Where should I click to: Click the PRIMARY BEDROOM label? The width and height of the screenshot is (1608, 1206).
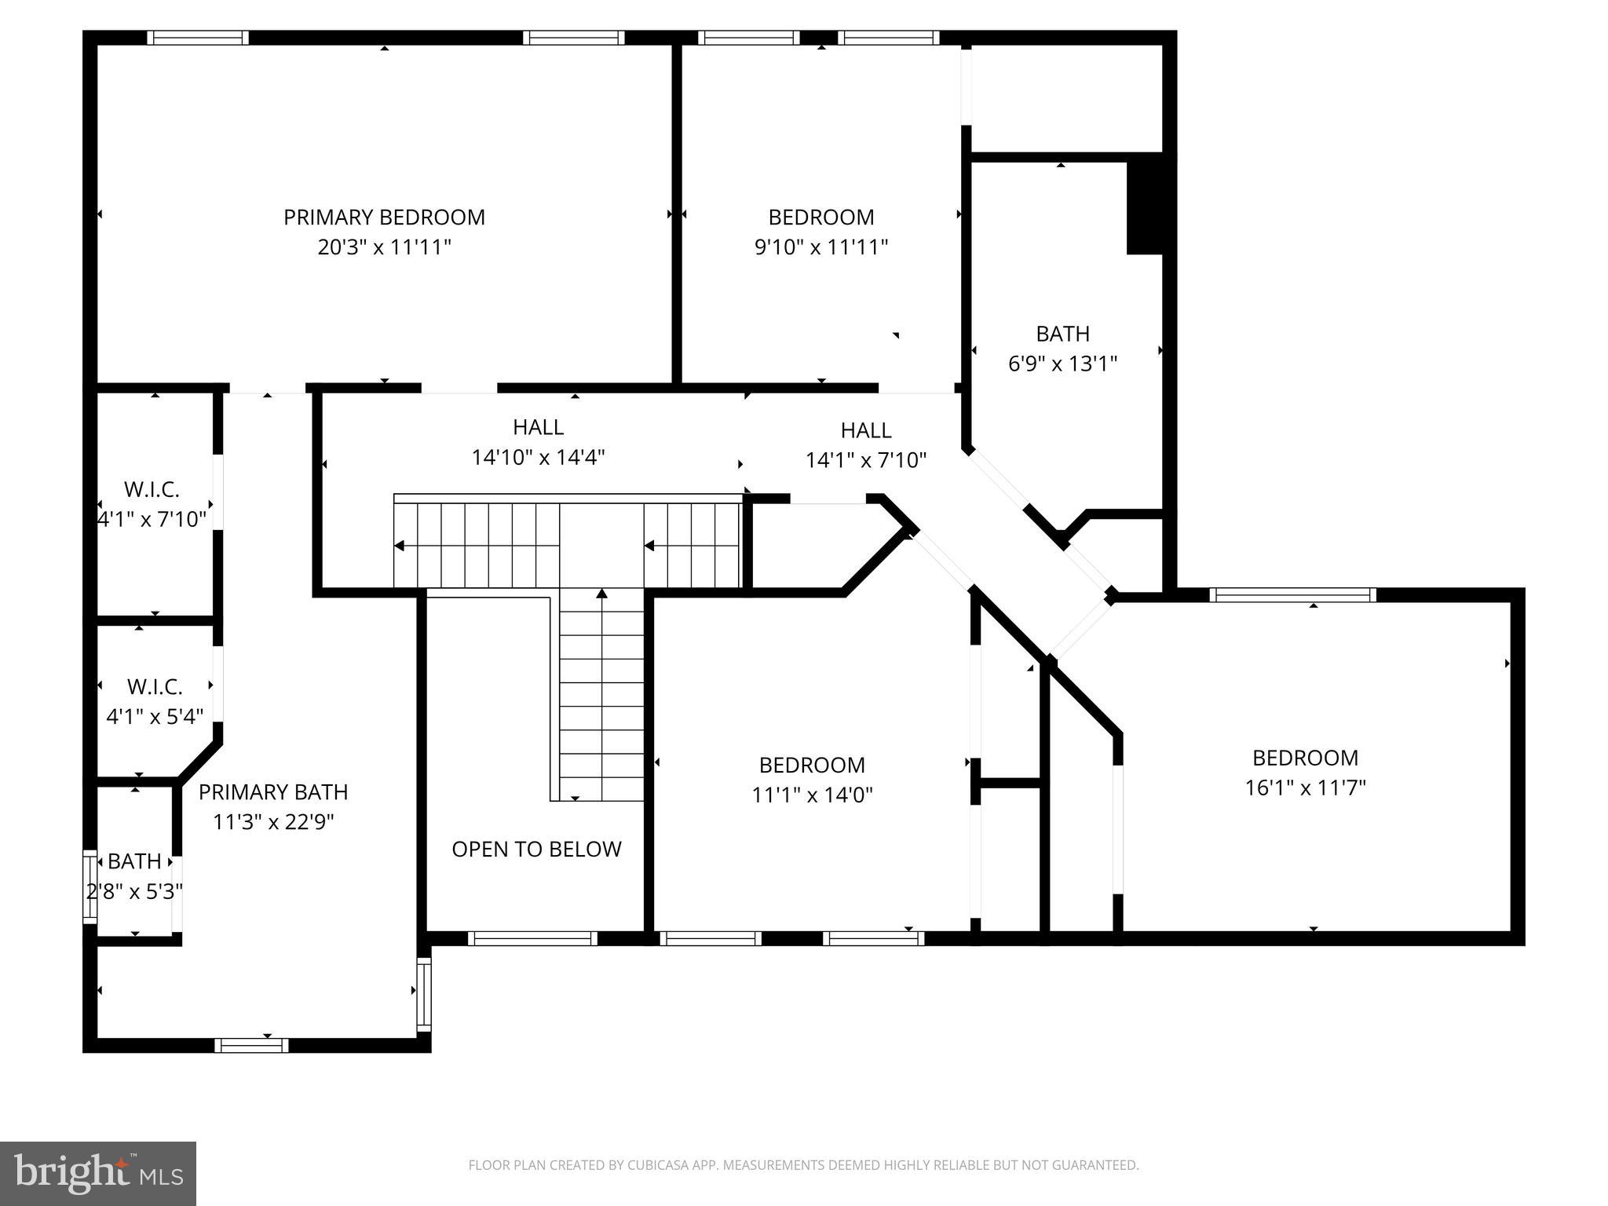coord(384,217)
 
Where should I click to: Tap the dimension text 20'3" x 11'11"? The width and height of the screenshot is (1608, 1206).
coord(384,247)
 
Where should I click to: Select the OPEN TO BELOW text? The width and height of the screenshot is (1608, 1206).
coord(536,849)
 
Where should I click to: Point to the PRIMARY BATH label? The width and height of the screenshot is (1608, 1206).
coord(273,792)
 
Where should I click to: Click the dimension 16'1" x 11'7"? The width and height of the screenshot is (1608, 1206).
coord(1305,788)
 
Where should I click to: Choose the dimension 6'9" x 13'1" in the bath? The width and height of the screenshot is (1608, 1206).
coord(1062,364)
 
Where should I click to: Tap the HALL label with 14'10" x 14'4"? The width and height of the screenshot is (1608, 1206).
coord(538,427)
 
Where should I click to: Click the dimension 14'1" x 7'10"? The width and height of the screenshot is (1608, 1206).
coord(866,460)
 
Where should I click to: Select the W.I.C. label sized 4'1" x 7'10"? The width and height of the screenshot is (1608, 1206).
coord(152,490)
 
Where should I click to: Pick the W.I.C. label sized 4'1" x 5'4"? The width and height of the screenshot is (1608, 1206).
coord(155,687)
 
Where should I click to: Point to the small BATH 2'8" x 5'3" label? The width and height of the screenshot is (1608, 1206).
coord(134,861)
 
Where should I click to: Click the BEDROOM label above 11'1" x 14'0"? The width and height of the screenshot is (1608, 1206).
coord(812,765)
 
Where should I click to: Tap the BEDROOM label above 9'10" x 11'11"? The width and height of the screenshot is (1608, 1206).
coord(820,217)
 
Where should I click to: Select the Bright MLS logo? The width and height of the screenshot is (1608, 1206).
coord(98,1173)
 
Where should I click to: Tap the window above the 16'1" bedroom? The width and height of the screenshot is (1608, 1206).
coord(1292,595)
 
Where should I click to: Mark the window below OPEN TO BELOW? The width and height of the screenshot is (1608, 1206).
coord(532,938)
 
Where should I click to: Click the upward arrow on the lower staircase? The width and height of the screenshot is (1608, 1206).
coord(602,594)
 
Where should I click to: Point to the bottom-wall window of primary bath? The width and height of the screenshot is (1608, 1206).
coord(251,1045)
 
